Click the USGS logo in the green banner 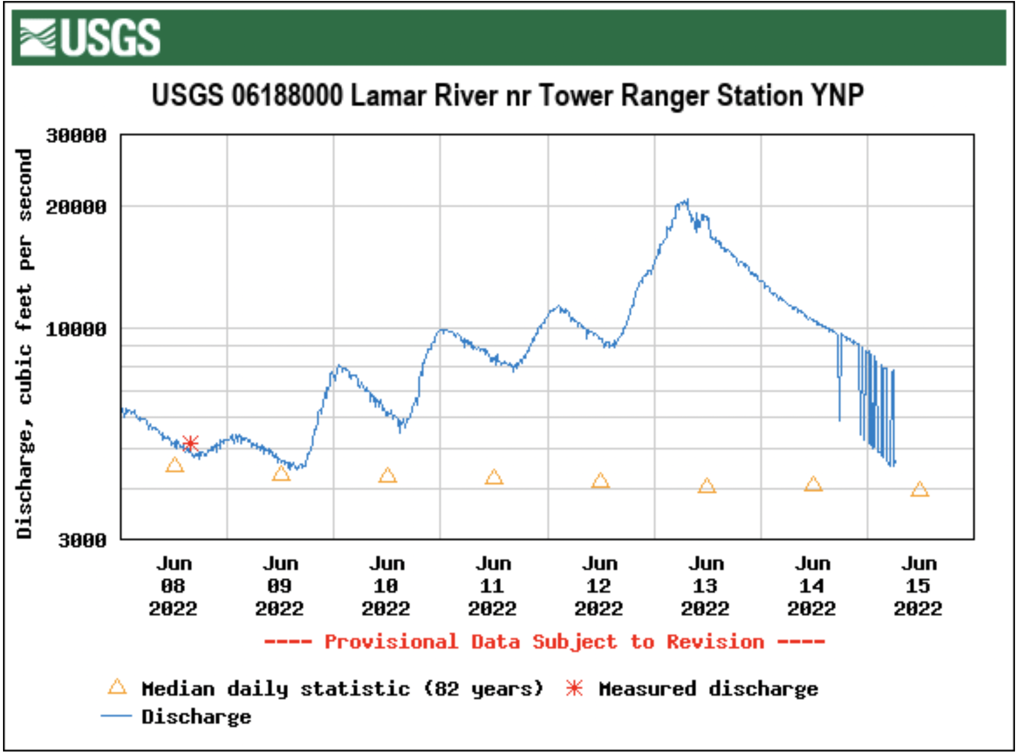(90, 37)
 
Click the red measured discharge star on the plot (190, 443)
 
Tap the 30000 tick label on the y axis (76, 136)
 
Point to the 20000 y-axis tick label (76, 206)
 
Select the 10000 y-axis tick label (76, 329)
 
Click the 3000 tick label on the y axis (82, 540)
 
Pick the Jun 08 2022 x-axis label (173, 586)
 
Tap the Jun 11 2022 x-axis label (493, 586)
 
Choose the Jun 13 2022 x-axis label (706, 586)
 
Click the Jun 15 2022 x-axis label (918, 586)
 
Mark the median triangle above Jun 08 (174, 465)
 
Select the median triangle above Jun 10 (387, 476)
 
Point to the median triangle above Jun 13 (706, 486)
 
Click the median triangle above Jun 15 (919, 490)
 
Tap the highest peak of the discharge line (687, 200)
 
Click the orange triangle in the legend (117, 687)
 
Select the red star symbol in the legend (574, 689)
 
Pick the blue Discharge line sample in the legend (116, 716)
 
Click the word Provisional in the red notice (391, 642)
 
